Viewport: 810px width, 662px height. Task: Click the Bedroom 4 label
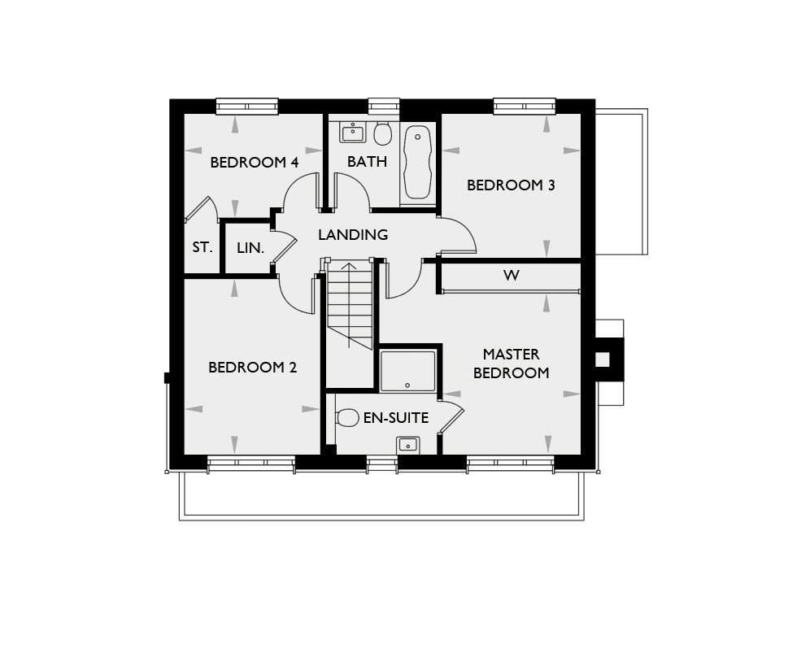tap(255, 163)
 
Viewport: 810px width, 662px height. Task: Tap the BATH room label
tap(368, 162)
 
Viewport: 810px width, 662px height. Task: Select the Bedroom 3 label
tap(511, 185)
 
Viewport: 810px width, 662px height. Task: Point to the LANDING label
tap(353, 234)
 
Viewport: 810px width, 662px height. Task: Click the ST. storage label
tap(202, 247)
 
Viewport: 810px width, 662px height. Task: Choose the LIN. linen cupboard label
tap(250, 248)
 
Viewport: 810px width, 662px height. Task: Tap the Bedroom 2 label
tap(253, 368)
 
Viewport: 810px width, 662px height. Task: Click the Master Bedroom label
tap(512, 364)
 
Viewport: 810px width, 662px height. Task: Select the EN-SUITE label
tap(396, 417)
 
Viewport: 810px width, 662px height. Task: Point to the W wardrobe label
tap(512, 276)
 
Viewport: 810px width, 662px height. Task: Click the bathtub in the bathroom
tap(418, 163)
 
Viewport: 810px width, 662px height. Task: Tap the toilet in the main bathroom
tap(382, 133)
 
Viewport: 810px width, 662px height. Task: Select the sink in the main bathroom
tap(353, 132)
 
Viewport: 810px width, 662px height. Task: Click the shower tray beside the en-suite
tap(408, 371)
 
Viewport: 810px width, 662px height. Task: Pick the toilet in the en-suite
tap(347, 417)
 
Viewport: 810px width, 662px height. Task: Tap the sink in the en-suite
tap(408, 445)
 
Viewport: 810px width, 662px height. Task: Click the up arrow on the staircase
tap(349, 305)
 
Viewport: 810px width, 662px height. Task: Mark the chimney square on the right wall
tap(603, 359)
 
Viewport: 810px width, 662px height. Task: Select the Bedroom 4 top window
tap(247, 106)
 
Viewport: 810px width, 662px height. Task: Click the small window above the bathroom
tap(384, 106)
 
